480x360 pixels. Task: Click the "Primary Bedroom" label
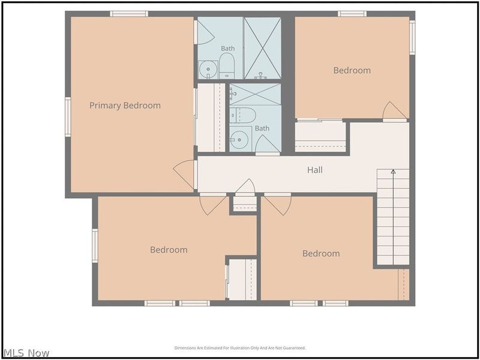pos(125,106)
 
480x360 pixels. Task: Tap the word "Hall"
pos(315,170)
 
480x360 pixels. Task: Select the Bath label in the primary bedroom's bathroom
pos(228,49)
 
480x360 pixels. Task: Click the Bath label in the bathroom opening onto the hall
pos(262,128)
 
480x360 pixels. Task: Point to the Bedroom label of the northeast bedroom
pos(352,70)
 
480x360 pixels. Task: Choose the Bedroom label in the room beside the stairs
pos(321,253)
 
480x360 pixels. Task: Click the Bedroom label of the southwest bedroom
pos(169,250)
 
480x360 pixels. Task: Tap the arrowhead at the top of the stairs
pos(394,172)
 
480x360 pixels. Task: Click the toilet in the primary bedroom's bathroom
pos(227,66)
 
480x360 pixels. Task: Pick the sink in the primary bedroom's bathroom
pos(208,70)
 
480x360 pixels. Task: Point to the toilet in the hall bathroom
pos(242,115)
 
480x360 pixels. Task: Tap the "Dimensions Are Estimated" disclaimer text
pos(240,348)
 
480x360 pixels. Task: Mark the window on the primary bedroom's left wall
pos(68,117)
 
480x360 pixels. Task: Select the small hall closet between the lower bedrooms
pos(245,204)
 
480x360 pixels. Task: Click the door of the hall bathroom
pos(268,144)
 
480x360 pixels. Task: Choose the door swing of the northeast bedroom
pos(395,110)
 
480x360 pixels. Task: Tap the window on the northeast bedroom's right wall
pos(412,37)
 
